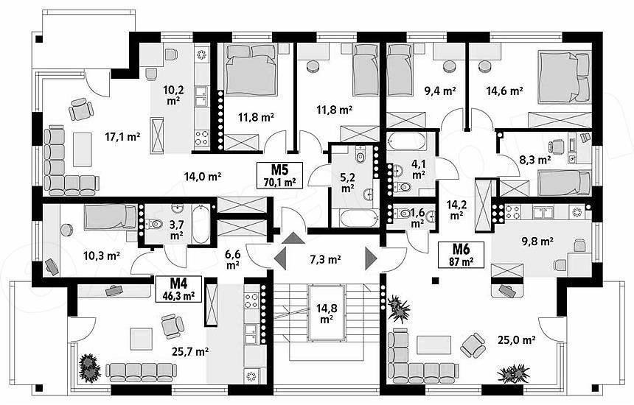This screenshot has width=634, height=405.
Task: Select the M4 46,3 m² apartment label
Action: [x=178, y=289]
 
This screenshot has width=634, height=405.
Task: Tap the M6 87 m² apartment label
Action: [x=461, y=254]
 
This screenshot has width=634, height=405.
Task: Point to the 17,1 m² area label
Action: [x=122, y=137]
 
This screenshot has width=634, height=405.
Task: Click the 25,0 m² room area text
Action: [x=517, y=340]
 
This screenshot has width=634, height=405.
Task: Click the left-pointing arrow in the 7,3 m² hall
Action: [x=280, y=258]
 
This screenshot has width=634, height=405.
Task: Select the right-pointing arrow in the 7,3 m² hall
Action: [x=371, y=258]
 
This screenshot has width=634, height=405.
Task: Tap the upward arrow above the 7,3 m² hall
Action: [x=293, y=238]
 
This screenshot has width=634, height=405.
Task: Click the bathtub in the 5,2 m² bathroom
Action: [x=358, y=219]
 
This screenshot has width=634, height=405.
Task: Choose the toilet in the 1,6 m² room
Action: [x=402, y=214]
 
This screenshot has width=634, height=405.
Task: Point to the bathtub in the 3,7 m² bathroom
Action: [x=201, y=225]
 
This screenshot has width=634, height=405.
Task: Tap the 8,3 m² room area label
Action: [x=534, y=160]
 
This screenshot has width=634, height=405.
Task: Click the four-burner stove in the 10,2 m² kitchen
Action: [x=202, y=137]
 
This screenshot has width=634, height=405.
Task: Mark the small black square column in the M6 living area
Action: [x=435, y=280]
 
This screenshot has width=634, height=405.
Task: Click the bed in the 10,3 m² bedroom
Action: [x=110, y=217]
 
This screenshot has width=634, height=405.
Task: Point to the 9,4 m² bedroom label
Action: [x=439, y=91]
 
